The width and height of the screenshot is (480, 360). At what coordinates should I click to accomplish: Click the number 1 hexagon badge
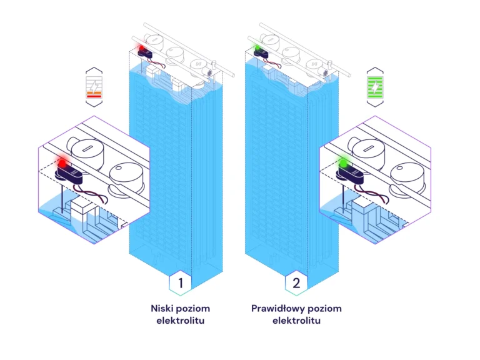(x=181, y=283)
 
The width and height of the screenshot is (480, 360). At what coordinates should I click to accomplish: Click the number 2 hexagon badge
(x=296, y=283)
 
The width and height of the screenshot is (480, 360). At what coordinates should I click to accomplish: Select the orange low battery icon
(x=94, y=87)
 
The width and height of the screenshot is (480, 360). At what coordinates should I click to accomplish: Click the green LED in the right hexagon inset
(x=342, y=162)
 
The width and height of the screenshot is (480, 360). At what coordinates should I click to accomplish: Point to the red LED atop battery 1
(x=142, y=47)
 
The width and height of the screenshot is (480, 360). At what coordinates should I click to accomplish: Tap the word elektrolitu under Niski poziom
(x=181, y=321)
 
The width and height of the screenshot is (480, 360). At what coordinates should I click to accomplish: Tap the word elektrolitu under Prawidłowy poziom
(x=296, y=321)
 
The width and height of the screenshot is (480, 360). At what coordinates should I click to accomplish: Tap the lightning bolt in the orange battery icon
(x=94, y=84)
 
